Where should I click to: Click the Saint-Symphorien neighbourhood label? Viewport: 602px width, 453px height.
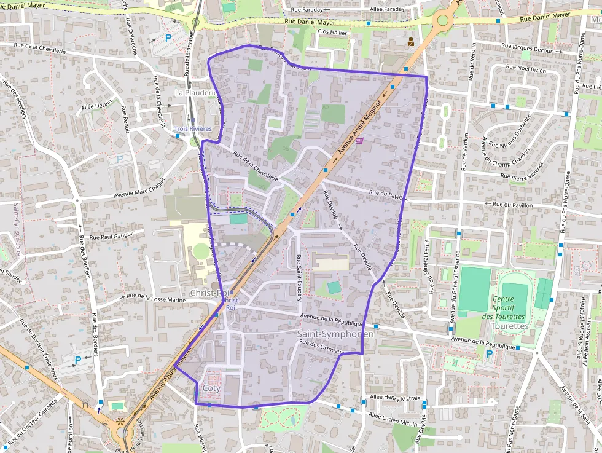coord(335,334)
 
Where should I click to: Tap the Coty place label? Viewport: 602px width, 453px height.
coord(211,388)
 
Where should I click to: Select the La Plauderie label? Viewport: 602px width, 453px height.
coord(196,92)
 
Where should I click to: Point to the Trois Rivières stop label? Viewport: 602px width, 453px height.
coord(193,129)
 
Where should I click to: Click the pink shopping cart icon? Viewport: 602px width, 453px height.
coord(359,140)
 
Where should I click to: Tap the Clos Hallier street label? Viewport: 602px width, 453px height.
coord(332,32)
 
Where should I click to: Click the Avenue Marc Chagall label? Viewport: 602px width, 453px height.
coord(139,189)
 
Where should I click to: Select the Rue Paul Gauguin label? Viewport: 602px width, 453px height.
coord(117,235)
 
